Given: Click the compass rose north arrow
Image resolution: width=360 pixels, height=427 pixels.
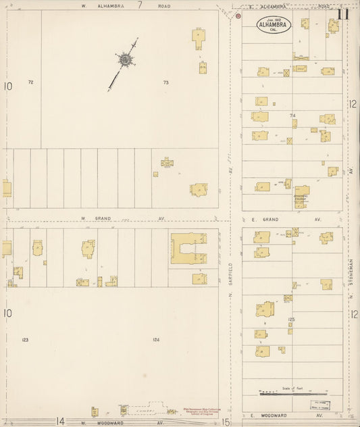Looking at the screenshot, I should point(125,61).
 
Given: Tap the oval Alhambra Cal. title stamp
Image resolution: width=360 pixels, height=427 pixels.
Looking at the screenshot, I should point(274,26).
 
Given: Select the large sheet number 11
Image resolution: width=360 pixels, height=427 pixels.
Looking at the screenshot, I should point(343,14).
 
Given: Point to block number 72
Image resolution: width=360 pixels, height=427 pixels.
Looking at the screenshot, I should point(30,82).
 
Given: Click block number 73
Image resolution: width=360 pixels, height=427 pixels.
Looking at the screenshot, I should point(165,82).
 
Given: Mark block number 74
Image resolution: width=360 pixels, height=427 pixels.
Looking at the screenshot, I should point(292,116).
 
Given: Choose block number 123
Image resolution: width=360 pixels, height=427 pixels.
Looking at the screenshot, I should point(25,340).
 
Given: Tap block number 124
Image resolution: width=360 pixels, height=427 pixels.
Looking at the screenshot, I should point(156,340).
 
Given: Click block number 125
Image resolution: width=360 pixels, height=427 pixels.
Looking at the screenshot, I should point(292,320).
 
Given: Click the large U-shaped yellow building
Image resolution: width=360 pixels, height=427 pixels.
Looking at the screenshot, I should point(188,248).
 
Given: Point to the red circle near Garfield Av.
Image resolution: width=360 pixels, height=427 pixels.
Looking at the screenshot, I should point(238,16).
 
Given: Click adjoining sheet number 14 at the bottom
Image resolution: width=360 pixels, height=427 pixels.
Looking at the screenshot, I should point(60,422).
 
